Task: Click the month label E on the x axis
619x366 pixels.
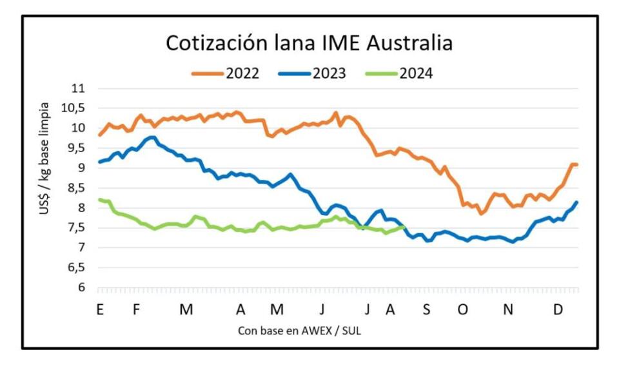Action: pyautogui.click(x=100, y=310)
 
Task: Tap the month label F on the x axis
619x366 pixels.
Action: pyautogui.click(x=136, y=310)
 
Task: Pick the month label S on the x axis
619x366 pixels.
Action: pyautogui.click(x=426, y=310)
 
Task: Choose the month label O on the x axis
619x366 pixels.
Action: pyautogui.click(x=462, y=310)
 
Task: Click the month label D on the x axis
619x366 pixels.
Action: pyautogui.click(x=558, y=310)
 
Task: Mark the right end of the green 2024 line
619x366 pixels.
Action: pyautogui.click(x=404, y=226)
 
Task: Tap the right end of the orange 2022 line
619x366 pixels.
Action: pyautogui.click(x=577, y=165)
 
